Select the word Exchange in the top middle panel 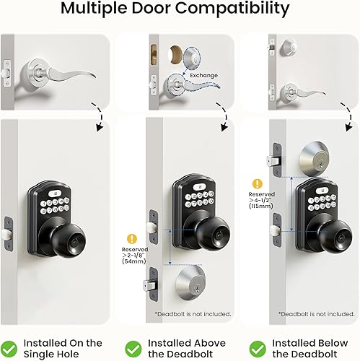204,74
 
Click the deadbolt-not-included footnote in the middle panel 192,314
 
